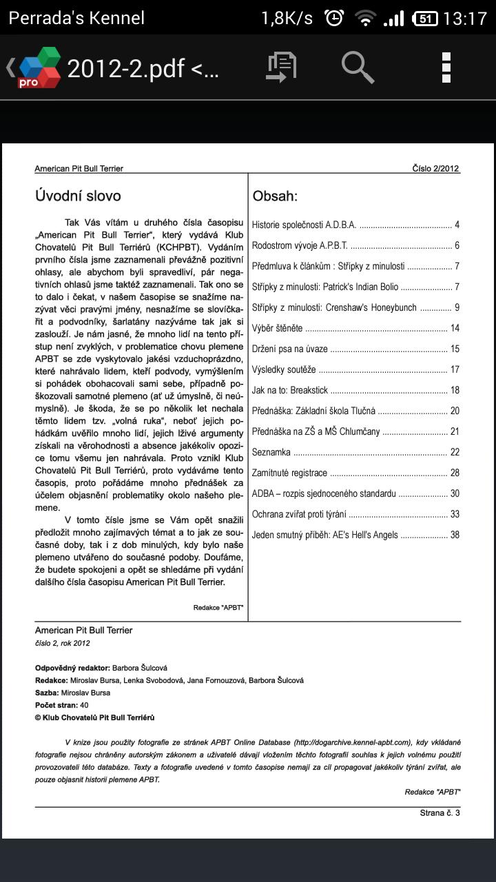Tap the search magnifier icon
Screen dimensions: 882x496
coord(358,67)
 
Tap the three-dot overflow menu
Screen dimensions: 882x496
coord(446,67)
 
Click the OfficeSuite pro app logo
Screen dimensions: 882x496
coord(39,68)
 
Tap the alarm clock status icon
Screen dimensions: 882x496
coord(334,18)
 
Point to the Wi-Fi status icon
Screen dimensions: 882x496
coord(364,19)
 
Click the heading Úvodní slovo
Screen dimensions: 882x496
coord(78,196)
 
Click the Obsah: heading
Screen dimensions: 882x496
coord(275,196)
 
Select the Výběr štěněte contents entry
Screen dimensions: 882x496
coord(277,328)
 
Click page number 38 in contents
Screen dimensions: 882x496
coord(455,535)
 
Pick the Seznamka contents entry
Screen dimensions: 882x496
coord(271,452)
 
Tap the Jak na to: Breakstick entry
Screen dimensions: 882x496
coord(289,390)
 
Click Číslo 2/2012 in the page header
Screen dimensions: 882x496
coord(435,168)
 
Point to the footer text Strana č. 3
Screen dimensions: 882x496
coord(440,813)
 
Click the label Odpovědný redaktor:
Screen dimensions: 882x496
coord(72,668)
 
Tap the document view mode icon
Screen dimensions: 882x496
coord(281,67)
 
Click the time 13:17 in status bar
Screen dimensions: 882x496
coord(465,18)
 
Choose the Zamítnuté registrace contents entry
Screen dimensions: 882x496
coord(289,473)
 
